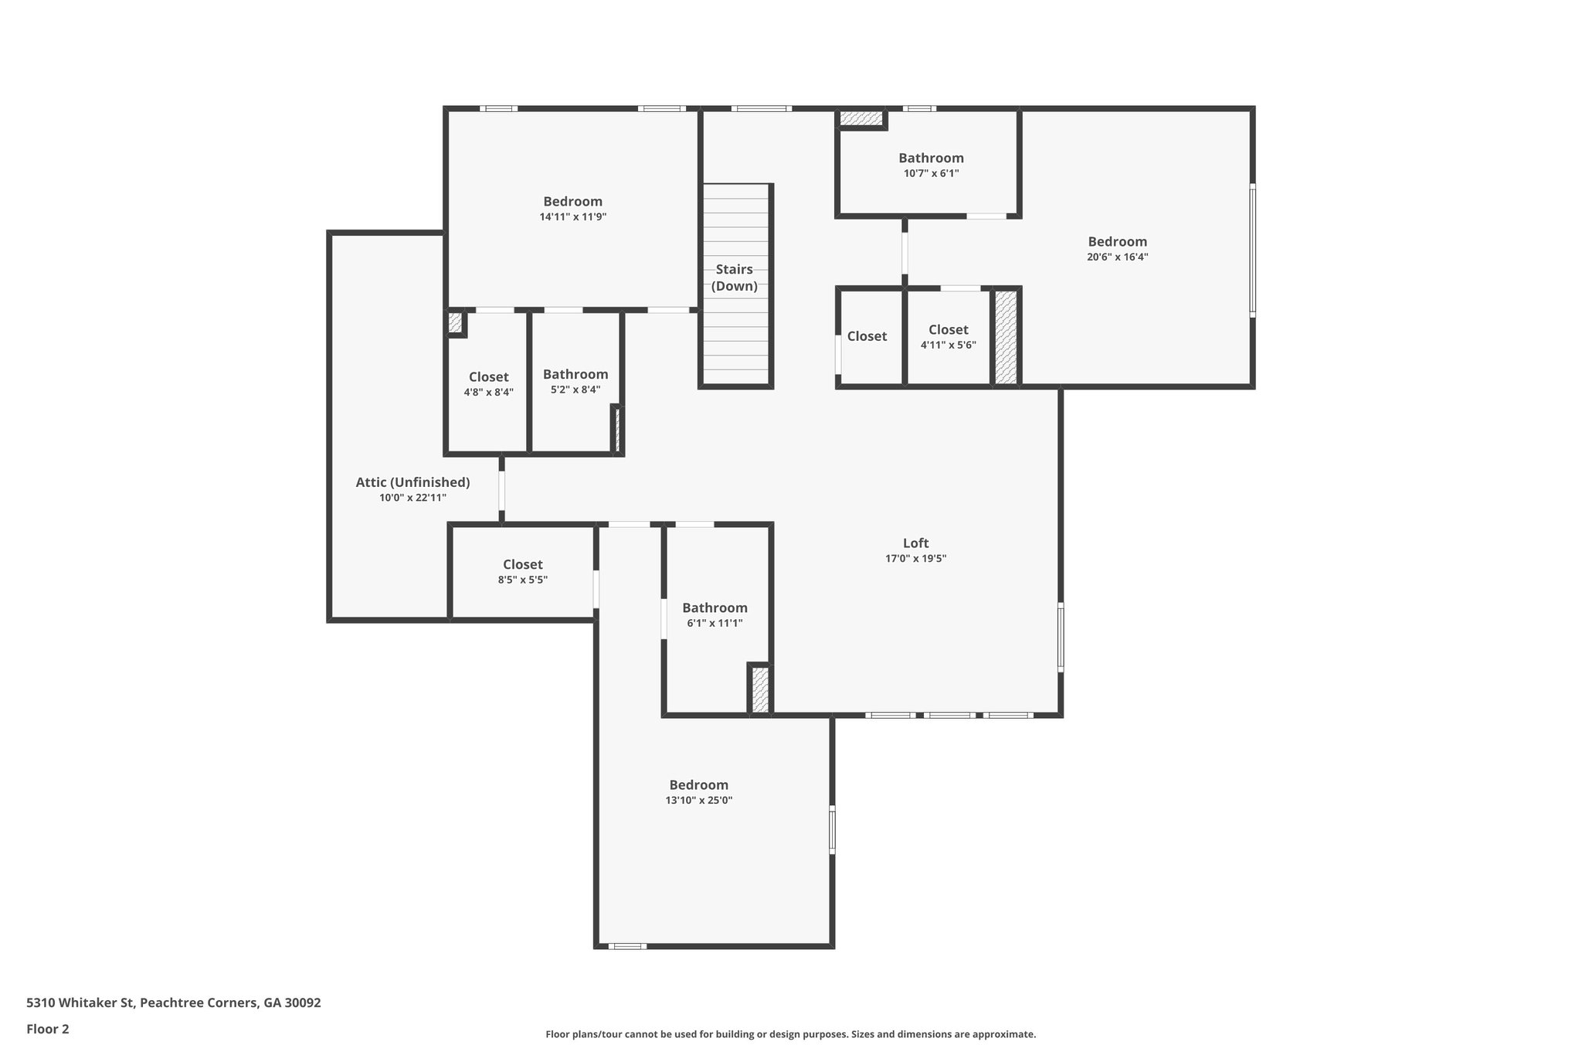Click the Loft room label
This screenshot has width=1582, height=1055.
915,543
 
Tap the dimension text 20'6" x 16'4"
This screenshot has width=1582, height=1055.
1117,257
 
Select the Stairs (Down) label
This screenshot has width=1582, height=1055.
734,277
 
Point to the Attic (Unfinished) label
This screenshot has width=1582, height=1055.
412,482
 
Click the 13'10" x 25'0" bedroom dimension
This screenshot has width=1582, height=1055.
698,801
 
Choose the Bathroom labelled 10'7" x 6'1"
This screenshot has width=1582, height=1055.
931,158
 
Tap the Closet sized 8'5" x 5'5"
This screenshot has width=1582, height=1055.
522,565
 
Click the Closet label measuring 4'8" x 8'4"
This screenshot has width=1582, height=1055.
488,377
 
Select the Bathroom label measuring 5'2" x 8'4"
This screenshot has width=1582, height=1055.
575,375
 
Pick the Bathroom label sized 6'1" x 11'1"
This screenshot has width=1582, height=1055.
715,608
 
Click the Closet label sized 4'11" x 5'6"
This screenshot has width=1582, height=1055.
948,330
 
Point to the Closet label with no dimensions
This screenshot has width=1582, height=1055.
867,336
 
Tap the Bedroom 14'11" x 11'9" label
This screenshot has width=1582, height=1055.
572,202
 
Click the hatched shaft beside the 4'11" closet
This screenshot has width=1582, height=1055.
1005,337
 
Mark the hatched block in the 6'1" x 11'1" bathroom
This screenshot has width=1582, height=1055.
760,689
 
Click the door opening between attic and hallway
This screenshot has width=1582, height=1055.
501,490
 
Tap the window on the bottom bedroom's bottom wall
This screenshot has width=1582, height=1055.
626,946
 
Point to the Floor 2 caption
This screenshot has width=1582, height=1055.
48,1029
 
